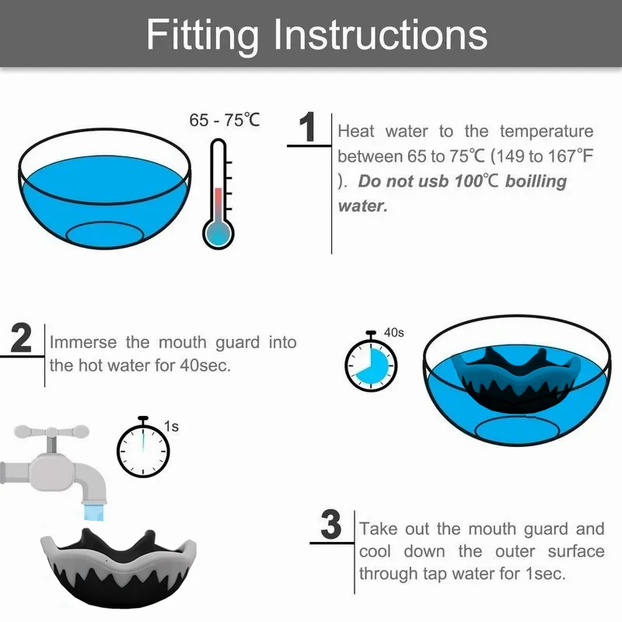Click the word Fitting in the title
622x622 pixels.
202,36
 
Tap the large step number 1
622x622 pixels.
308,127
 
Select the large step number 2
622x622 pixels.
21,338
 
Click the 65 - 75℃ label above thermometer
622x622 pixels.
225,121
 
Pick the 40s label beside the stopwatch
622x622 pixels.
394,332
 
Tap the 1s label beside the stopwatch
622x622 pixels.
171,426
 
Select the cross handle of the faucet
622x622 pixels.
51,432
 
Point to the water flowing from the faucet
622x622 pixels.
95,512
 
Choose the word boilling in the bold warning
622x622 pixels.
536,182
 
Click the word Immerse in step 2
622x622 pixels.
83,342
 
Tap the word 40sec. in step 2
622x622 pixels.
205,365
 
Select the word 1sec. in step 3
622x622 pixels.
546,574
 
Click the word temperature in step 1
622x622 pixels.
547,131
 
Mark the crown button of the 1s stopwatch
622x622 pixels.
143,419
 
